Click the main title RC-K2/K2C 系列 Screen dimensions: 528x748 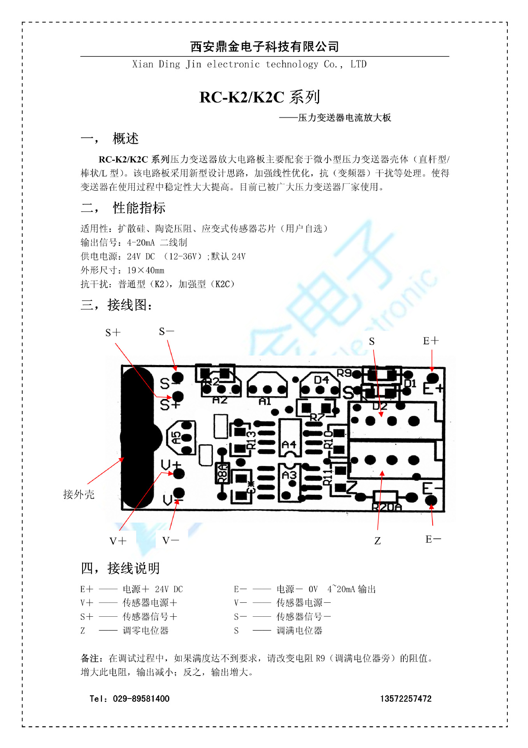point(260,97)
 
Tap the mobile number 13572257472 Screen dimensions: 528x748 point(405,699)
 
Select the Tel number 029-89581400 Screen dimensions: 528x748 point(141,699)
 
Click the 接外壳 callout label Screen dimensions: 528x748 point(79,495)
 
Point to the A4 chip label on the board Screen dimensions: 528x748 point(289,445)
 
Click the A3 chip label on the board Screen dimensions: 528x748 point(289,475)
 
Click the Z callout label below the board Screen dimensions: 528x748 point(377,541)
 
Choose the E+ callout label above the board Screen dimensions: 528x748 point(431,341)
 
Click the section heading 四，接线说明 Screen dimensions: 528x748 point(120,568)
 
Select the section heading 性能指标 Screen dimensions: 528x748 point(139,208)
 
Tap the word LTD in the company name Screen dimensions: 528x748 point(358,64)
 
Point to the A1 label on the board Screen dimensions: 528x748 point(265,401)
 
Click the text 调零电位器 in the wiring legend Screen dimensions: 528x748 point(146,630)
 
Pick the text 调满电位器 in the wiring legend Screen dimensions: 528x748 point(299,630)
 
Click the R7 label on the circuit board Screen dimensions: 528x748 point(317,417)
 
